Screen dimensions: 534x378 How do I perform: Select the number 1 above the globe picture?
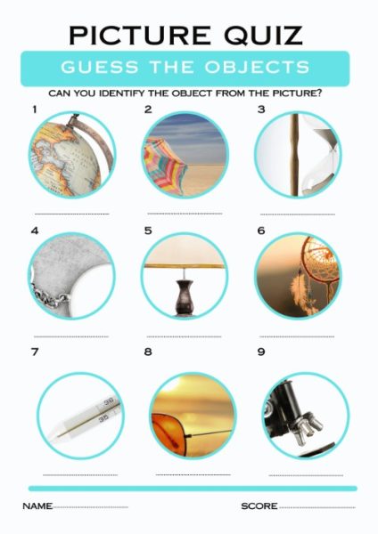[x=34, y=110]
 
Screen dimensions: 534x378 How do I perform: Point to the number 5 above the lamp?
[x=148, y=231]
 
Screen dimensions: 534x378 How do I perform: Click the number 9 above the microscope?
[x=261, y=352]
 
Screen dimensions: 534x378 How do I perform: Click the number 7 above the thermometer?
[x=34, y=352]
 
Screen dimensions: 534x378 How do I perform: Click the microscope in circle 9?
[x=300, y=414]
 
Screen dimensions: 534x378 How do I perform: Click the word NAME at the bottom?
[x=37, y=506]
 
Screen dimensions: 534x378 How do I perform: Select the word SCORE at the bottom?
[x=259, y=506]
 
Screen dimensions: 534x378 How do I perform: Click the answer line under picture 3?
[x=297, y=214]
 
